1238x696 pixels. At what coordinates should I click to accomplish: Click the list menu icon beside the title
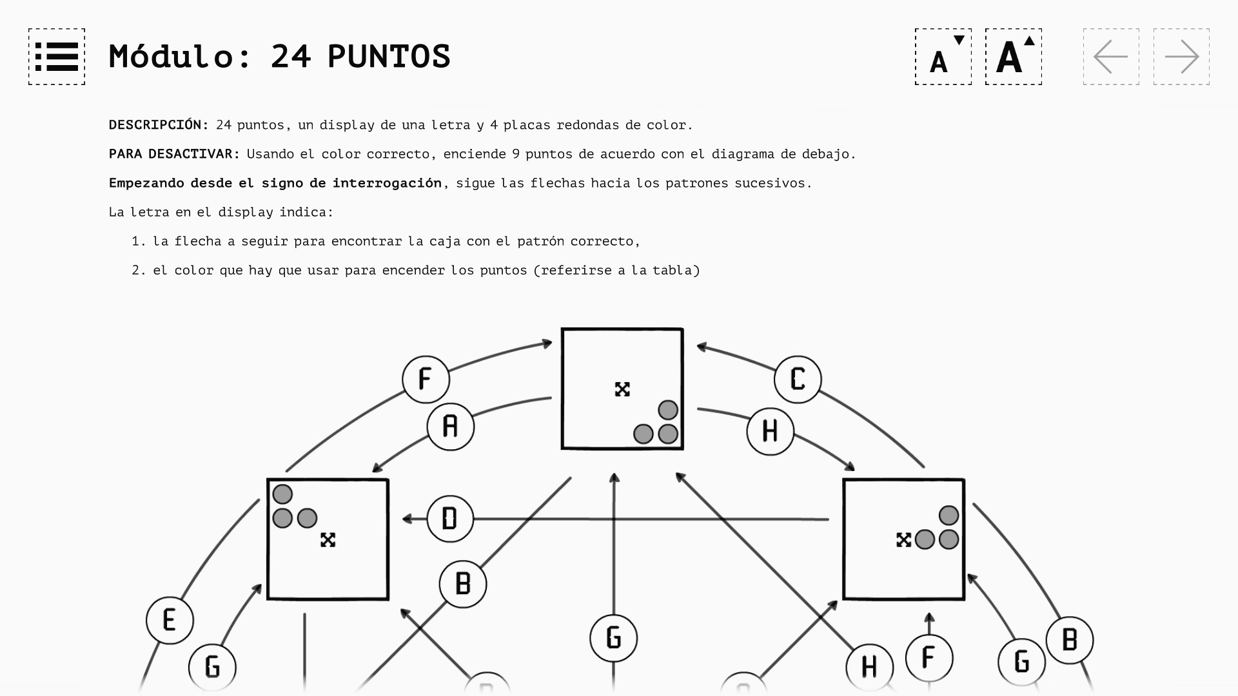[x=57, y=57]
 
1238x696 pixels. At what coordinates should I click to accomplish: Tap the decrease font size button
[x=943, y=57]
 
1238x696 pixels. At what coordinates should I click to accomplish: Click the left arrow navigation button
[x=1111, y=57]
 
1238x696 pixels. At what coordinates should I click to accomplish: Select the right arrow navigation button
[x=1181, y=57]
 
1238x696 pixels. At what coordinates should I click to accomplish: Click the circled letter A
[x=451, y=427]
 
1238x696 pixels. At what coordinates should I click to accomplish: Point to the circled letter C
[x=798, y=380]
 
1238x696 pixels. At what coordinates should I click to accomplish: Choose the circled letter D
[x=450, y=519]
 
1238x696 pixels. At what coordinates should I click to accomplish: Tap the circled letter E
[x=170, y=621]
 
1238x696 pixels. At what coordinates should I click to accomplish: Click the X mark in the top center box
[x=622, y=389]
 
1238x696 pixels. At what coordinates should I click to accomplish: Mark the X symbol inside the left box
[x=328, y=540]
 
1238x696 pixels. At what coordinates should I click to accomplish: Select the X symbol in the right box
[x=903, y=540]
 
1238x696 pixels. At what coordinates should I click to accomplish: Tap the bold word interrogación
[x=387, y=183]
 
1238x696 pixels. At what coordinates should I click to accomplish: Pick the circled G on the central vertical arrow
[x=614, y=638]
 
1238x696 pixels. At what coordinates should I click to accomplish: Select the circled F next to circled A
[x=426, y=380]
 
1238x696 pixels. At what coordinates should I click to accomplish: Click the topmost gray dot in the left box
[x=282, y=494]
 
